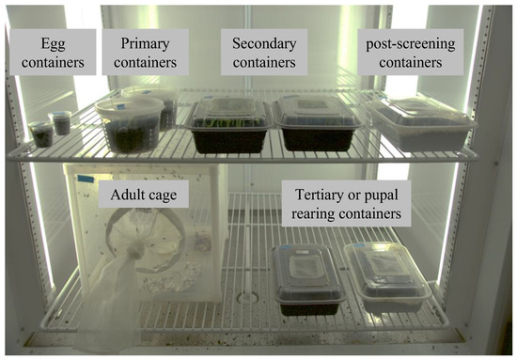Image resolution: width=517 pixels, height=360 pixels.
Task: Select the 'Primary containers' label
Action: tap(147, 53)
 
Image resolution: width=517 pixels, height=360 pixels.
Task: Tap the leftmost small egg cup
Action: tap(40, 135)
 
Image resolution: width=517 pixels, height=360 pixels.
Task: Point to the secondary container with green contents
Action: tap(227, 127)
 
